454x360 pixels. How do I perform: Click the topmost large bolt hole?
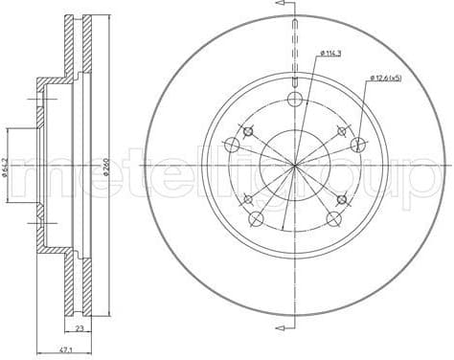pyautogui.click(x=295, y=101)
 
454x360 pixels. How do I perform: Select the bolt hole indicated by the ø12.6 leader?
pyautogui.click(x=358, y=146)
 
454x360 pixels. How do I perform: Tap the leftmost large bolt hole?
pyautogui.click(x=232, y=146)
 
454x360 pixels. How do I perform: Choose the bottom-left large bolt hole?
pyautogui.click(x=256, y=219)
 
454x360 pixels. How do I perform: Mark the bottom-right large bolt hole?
pyautogui.click(x=334, y=219)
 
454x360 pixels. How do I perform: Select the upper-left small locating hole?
pyautogui.click(x=249, y=132)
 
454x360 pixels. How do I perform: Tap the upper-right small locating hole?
pyautogui.click(x=341, y=132)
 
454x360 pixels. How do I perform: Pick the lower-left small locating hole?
pyautogui.click(x=249, y=199)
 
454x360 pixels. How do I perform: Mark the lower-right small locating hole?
pyautogui.click(x=341, y=199)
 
